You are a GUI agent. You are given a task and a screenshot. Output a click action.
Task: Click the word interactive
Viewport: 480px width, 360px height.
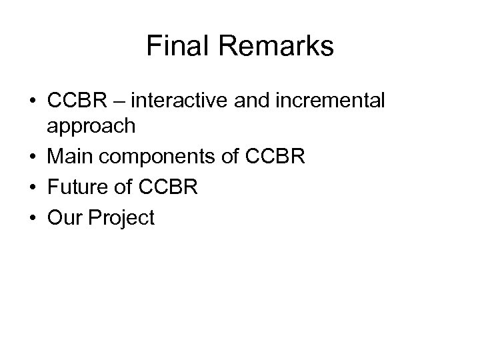pos(175,101)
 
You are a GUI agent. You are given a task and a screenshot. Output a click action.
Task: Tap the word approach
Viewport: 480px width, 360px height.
pos(92,127)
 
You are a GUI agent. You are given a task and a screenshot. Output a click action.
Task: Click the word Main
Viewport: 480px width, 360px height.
pos(69,158)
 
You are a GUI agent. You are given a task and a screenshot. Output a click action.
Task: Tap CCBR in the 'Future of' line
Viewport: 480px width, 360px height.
pos(171,187)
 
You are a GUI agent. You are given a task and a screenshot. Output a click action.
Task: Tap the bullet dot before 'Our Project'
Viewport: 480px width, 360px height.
pos(33,217)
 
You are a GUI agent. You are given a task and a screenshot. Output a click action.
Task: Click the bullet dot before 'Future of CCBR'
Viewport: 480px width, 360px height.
pos(33,188)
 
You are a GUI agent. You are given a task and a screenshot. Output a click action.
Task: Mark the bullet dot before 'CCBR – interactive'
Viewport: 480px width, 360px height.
pos(33,102)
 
